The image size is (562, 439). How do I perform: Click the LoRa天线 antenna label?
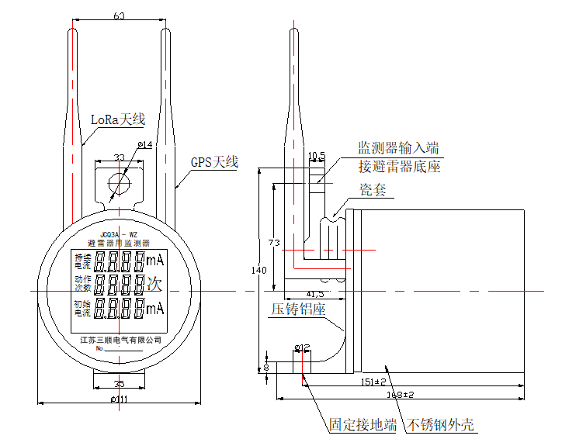pyautogui.click(x=118, y=119)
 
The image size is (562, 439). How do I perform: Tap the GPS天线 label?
pyautogui.click(x=214, y=163)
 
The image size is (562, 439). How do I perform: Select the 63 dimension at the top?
pyautogui.click(x=120, y=16)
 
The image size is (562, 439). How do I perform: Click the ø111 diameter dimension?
pyautogui.click(x=120, y=398)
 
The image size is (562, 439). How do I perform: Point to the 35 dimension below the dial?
pyautogui.click(x=120, y=383)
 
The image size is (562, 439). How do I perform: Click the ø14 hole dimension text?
pyautogui.click(x=145, y=145)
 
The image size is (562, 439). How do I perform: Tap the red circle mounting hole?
pyautogui.click(x=120, y=184)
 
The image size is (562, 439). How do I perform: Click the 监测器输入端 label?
pyautogui.click(x=398, y=147)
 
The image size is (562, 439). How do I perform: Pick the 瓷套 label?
pyautogui.click(x=373, y=190)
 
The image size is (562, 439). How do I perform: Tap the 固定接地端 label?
pyautogui.click(x=363, y=424)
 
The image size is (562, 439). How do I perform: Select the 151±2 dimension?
pyautogui.click(x=374, y=382)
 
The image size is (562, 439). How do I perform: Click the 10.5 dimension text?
pyautogui.click(x=317, y=157)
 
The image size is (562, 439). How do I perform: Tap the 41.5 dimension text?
pyautogui.click(x=314, y=294)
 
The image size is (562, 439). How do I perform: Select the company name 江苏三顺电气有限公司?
pyautogui.click(x=120, y=339)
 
